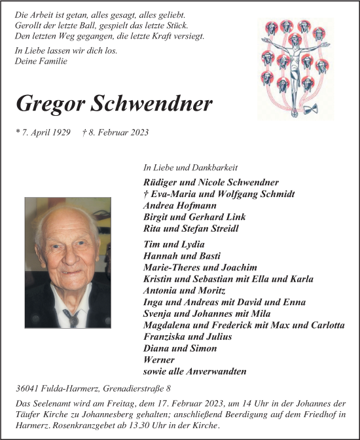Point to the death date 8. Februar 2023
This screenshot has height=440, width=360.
click(x=116, y=132)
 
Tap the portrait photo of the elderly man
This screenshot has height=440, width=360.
click(x=68, y=263)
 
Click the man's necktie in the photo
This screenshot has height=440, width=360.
click(x=71, y=317)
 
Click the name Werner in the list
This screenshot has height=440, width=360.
click(x=158, y=360)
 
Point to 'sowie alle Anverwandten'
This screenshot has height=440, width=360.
click(x=194, y=372)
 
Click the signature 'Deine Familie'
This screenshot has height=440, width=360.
click(x=41, y=61)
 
